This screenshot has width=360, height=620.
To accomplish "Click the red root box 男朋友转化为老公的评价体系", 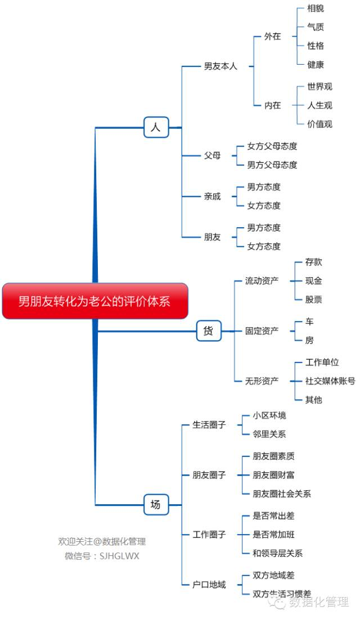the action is [x=95, y=301].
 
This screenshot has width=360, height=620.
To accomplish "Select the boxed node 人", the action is [x=156, y=128].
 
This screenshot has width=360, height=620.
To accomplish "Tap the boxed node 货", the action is [x=209, y=331].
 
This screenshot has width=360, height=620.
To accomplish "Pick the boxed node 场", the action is [x=156, y=505].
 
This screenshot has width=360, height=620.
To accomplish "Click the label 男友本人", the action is [x=220, y=66].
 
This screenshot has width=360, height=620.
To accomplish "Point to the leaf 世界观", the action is [x=319, y=87].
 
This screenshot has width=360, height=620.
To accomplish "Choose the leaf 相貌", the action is [x=316, y=8].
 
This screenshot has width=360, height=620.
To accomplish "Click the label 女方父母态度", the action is [x=272, y=146].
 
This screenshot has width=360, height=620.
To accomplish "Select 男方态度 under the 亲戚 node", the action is [x=263, y=187].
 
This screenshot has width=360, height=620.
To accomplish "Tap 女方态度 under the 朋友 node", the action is [x=263, y=246].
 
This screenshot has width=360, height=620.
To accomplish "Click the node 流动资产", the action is [x=262, y=280].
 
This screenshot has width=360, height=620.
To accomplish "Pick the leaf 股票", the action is [x=313, y=300].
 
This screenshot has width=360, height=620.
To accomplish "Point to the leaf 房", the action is [x=309, y=340].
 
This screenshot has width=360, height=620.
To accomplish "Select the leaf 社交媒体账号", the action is [x=330, y=381].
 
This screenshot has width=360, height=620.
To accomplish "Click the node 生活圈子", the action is [x=209, y=424].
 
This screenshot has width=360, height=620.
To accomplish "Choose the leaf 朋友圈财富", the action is [x=273, y=475].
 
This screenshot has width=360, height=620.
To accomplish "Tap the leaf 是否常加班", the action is [x=273, y=535].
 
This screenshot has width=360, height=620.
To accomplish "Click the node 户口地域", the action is [x=209, y=585].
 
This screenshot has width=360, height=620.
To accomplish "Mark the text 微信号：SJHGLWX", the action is [x=102, y=556].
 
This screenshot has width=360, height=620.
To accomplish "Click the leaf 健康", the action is [x=316, y=65].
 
